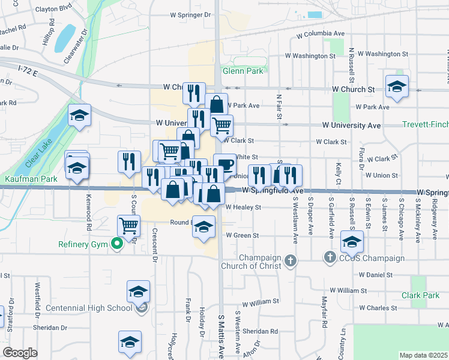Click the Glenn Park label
(x=243, y=71)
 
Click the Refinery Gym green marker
(x=118, y=244)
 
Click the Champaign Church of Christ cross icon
(x=291, y=260)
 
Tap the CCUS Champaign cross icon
(x=329, y=258)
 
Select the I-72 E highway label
(x=28, y=71)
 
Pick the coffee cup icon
(x=224, y=164)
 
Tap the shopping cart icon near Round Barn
(x=129, y=226)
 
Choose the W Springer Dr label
(x=191, y=14)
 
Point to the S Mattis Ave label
(x=221, y=336)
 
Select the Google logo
(x=20, y=353)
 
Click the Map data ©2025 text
(x=423, y=355)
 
